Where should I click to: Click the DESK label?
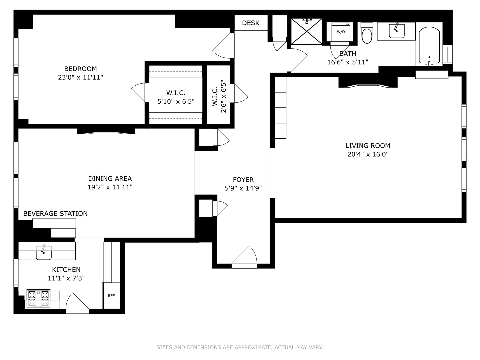(x=251, y=23)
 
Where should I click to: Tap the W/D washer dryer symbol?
(x=341, y=32)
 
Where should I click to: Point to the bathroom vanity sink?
(x=396, y=31)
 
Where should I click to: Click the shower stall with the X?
(x=307, y=31)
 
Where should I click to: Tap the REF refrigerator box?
(x=111, y=296)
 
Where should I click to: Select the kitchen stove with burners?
(x=38, y=298)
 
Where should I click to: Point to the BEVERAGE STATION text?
(x=55, y=214)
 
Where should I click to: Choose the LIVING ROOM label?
(x=368, y=146)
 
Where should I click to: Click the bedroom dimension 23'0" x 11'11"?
(x=80, y=77)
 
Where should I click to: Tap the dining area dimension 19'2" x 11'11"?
(x=110, y=187)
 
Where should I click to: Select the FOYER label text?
(x=243, y=180)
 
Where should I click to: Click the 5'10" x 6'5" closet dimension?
(x=176, y=101)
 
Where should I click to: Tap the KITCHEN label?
(x=66, y=270)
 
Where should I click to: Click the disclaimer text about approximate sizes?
(x=240, y=347)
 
